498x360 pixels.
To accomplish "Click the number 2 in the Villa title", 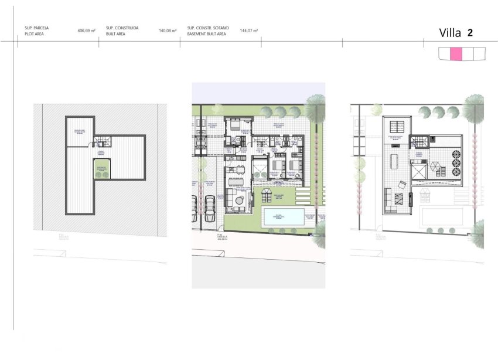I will click(470, 33).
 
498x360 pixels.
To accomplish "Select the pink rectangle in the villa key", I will click(456, 54).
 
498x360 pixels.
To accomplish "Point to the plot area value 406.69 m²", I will click(86, 30).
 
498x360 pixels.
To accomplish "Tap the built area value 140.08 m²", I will click(168, 30).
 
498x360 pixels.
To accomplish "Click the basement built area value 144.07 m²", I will click(249, 30).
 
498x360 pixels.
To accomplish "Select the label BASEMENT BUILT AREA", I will click(206, 35).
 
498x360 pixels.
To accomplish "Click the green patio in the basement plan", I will click(101, 169).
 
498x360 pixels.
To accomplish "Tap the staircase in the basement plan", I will click(102, 141).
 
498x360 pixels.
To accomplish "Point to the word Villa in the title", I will click(450, 33).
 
